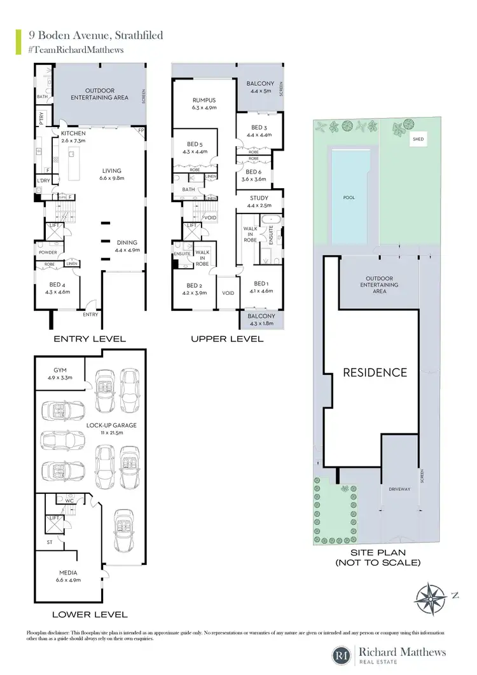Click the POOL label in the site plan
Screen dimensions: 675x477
tap(349, 198)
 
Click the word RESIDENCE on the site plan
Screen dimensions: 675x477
tap(375, 372)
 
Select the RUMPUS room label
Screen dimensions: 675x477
tap(205, 100)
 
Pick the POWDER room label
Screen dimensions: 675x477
tap(48, 252)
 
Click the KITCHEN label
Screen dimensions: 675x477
tap(73, 134)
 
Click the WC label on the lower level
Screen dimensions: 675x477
tap(70, 500)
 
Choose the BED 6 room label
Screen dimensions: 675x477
tap(253, 172)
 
